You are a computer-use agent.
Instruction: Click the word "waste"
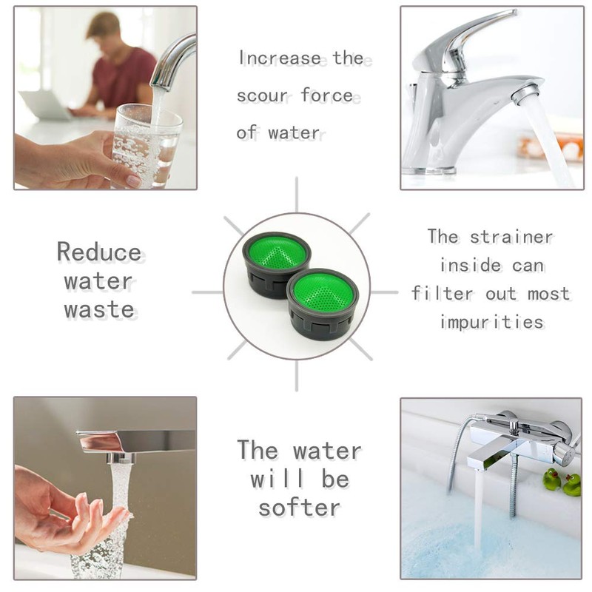(99, 309)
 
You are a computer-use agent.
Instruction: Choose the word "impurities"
(491, 322)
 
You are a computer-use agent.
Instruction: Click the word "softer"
(300, 507)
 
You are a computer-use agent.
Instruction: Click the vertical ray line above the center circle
(296, 194)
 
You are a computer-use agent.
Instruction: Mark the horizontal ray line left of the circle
(208, 292)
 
